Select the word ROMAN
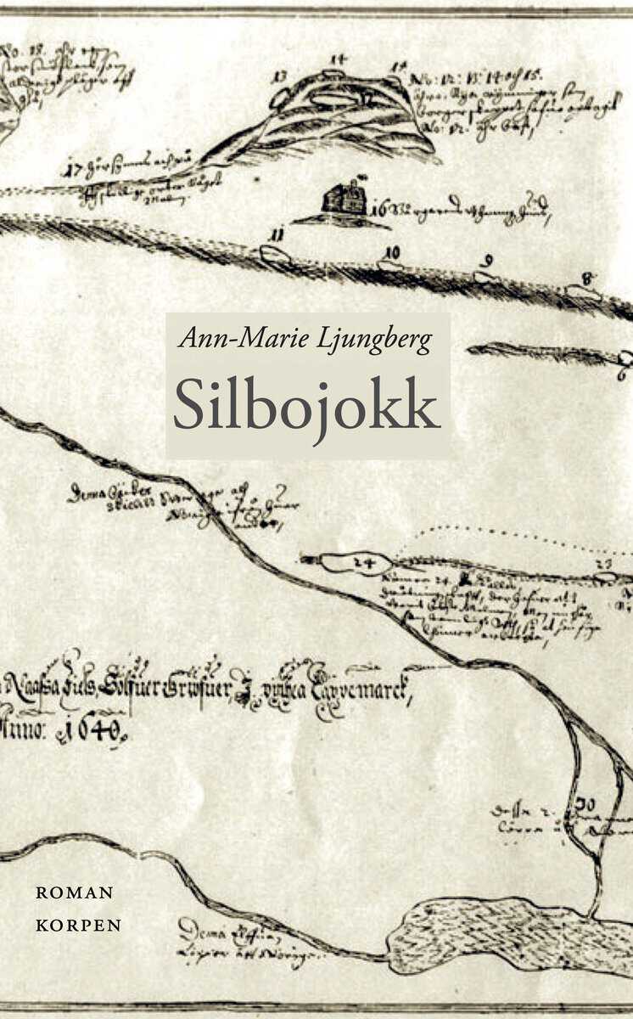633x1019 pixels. point(75,892)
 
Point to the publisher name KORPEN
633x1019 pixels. point(78,925)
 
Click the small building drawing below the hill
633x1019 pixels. point(344,200)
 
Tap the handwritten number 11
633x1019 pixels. point(275,234)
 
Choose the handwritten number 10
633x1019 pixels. point(390,252)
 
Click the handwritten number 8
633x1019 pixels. point(587,278)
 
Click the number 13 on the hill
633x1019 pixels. point(280,77)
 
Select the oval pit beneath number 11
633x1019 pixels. point(274,254)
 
